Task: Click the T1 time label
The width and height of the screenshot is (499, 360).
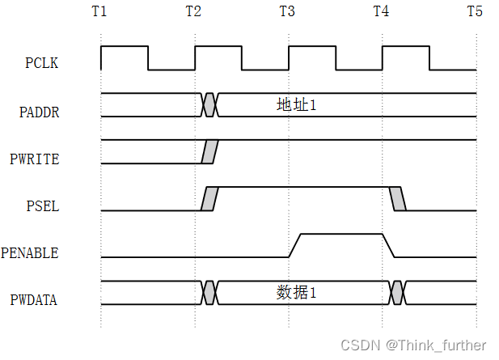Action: [x=100, y=12]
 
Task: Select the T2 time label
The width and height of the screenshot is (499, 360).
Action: [x=194, y=12]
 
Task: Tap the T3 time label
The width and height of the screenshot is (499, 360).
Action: [x=288, y=12]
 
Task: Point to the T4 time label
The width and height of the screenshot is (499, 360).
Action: [x=382, y=12]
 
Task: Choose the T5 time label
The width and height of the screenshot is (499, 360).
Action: [x=476, y=12]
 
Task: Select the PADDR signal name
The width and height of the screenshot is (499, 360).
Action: [x=40, y=112]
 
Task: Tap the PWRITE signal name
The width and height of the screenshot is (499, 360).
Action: [x=35, y=159]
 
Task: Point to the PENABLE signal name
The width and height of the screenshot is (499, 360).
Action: [x=30, y=253]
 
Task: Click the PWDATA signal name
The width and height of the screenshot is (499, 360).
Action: [x=34, y=300]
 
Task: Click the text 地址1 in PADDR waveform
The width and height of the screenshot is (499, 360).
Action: [x=297, y=104]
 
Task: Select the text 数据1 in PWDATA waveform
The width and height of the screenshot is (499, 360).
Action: [x=297, y=292]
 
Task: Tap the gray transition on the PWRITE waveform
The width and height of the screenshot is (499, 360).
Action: [x=209, y=151]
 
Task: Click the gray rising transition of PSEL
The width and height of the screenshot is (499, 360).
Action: [x=209, y=198]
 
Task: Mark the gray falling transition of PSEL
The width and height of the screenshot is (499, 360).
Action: [x=397, y=198]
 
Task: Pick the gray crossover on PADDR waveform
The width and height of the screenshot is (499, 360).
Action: [x=209, y=104]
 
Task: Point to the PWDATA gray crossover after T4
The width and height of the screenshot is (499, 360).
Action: [x=397, y=292]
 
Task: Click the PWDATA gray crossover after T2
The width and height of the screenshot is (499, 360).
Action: [x=209, y=292]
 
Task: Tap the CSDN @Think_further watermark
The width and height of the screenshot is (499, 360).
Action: [x=413, y=345]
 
